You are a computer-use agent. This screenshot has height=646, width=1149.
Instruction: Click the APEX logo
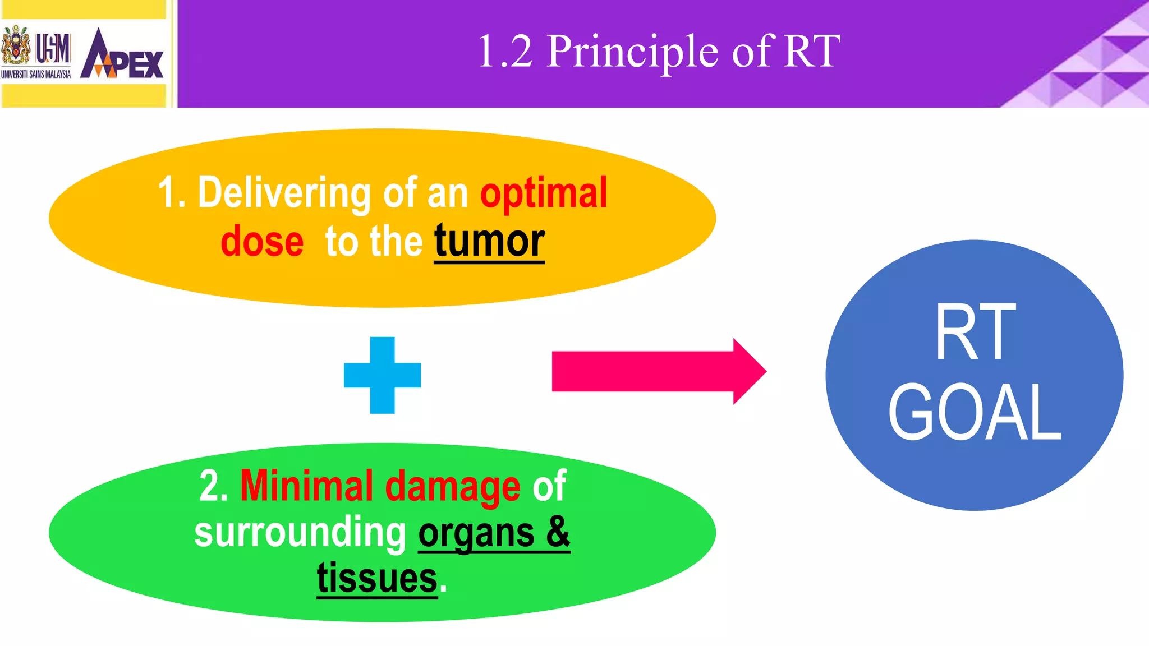[x=122, y=55]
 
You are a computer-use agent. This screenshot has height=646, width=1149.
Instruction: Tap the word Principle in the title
[x=632, y=52]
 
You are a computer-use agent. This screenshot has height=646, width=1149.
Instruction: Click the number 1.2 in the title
[x=505, y=52]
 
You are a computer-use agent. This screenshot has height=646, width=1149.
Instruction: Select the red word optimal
[x=543, y=192]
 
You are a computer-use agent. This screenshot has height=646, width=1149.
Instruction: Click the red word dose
[x=262, y=242]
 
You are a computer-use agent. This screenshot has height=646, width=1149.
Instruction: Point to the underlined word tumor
[x=489, y=242]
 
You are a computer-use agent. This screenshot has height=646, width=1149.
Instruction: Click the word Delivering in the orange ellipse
[x=284, y=192]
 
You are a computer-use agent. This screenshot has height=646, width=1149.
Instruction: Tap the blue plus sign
[x=382, y=375]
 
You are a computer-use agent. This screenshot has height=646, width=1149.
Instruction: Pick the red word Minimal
[x=306, y=486]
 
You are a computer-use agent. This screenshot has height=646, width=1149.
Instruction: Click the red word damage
[x=453, y=486]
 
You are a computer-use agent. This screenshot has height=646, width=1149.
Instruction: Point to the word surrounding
[x=300, y=532]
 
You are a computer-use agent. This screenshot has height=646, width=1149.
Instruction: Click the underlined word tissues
[x=377, y=578]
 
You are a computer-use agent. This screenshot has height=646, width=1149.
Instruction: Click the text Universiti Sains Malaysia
[x=36, y=74]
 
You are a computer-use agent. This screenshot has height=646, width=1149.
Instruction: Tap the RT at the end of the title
[x=811, y=52]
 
